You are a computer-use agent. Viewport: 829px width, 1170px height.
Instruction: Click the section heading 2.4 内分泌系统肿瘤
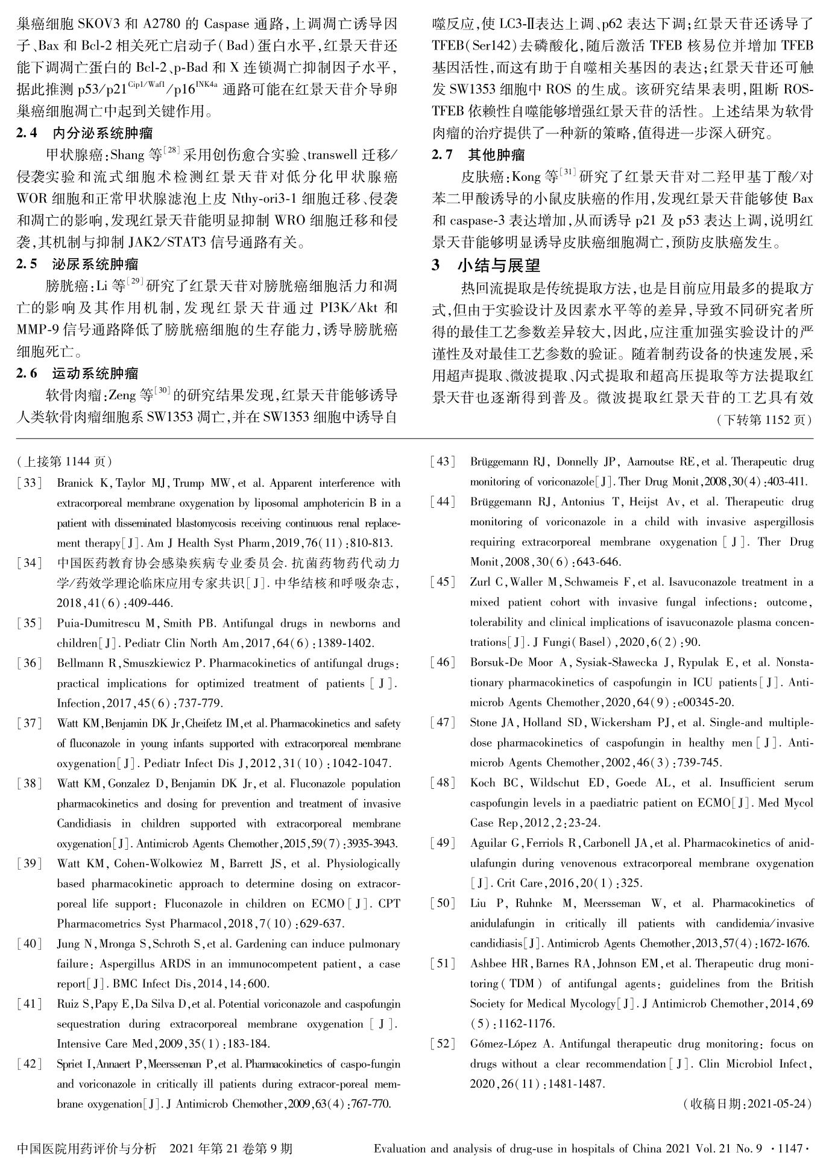click(84, 133)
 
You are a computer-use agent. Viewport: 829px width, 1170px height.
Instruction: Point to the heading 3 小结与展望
click(486, 265)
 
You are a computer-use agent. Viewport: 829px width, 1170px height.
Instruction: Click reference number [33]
click(30, 483)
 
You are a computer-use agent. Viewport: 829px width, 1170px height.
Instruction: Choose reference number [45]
click(443, 582)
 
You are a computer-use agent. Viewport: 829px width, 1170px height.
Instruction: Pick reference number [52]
click(443, 1043)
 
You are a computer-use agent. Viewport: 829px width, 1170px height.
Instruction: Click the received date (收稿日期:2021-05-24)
click(748, 1104)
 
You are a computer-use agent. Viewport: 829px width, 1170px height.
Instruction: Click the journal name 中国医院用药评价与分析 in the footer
click(87, 1148)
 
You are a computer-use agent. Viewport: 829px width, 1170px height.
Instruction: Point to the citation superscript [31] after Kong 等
click(568, 174)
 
